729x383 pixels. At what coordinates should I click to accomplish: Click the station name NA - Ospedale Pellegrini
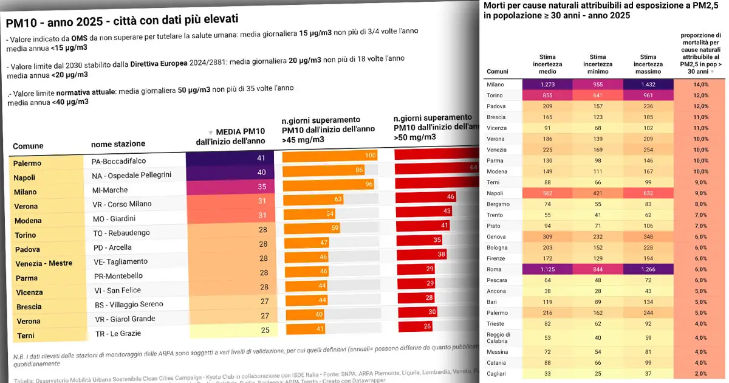[131, 175]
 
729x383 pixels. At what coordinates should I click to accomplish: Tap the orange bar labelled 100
[330, 156]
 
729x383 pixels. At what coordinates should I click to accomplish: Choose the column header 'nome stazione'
[118, 144]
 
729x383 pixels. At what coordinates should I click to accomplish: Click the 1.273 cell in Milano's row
[547, 85]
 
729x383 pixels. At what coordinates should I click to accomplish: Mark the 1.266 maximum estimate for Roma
[648, 269]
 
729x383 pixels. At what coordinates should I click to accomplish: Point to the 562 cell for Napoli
[547, 193]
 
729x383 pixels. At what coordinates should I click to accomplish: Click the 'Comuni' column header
[498, 71]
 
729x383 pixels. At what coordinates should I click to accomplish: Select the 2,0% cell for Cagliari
[701, 373]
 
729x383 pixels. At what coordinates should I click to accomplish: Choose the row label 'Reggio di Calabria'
[498, 337]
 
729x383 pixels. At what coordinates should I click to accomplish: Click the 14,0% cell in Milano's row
[701, 85]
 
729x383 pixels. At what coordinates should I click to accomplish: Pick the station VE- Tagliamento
[121, 262]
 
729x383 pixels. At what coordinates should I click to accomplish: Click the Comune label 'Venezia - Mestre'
[43, 263]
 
